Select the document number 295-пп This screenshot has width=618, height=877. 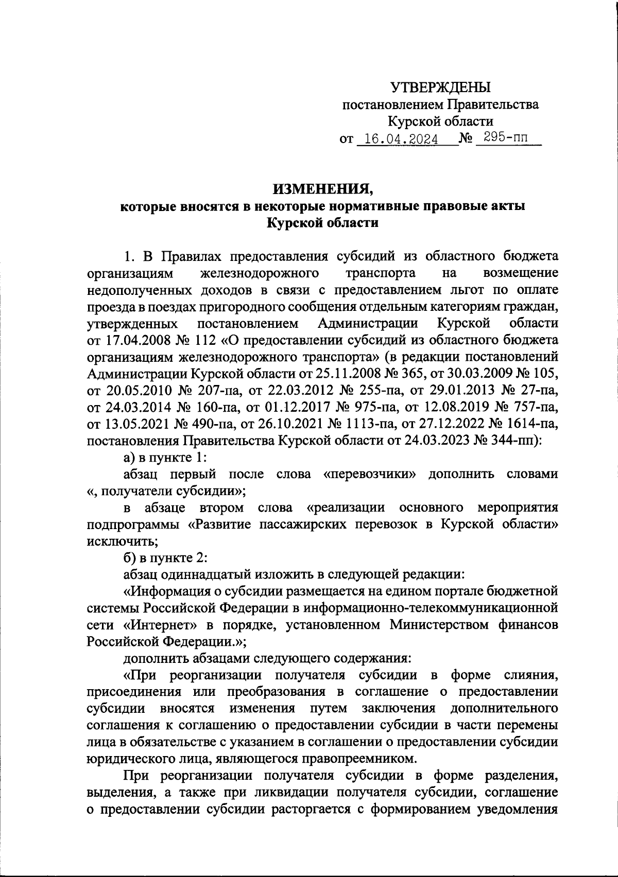(505, 138)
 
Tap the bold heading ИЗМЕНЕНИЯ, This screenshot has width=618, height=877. (322, 189)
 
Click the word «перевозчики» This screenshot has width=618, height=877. (370, 473)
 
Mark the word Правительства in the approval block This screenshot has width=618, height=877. (493, 105)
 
